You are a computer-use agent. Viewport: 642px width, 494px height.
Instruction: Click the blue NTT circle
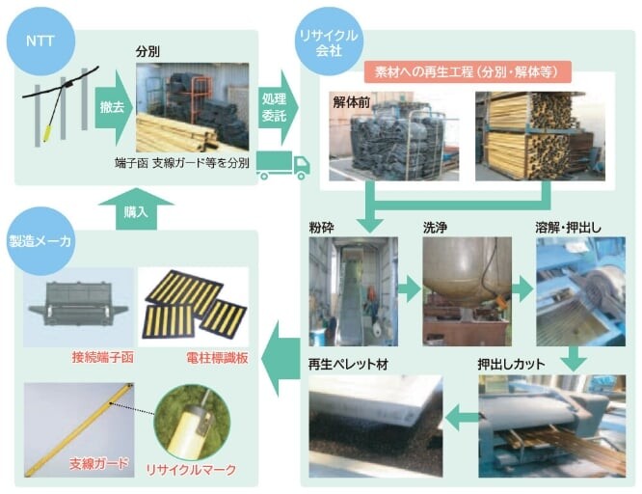pyautogui.click(x=40, y=41)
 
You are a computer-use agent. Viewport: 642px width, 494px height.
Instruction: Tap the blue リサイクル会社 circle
pyautogui.click(x=329, y=41)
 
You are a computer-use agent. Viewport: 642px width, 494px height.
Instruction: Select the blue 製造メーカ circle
pyautogui.click(x=40, y=241)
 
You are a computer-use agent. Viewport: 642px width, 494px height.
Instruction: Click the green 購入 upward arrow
pyautogui.click(x=136, y=208)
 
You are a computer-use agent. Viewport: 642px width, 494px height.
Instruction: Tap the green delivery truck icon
pyautogui.click(x=283, y=165)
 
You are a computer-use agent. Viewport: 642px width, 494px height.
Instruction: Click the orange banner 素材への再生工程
pyautogui.click(x=468, y=72)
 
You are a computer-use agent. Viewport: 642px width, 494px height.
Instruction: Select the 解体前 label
pyautogui.click(x=352, y=102)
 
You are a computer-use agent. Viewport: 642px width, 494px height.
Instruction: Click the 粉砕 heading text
pyautogui.click(x=321, y=228)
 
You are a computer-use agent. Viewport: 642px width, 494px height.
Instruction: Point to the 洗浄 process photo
pyautogui.click(x=468, y=291)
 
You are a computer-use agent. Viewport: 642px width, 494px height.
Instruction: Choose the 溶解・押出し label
pyautogui.click(x=569, y=228)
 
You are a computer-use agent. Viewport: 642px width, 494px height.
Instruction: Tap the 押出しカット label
pyautogui.click(x=512, y=364)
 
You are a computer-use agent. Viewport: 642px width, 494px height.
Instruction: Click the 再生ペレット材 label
pyautogui.click(x=348, y=364)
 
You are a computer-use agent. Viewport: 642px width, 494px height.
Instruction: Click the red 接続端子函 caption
pyautogui.click(x=103, y=358)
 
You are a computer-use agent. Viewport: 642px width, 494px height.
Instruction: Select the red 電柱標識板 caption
pyautogui.click(x=218, y=358)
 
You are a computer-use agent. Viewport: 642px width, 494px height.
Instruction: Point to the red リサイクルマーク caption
pyautogui.click(x=191, y=470)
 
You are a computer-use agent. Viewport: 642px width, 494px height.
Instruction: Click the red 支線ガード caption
pyautogui.click(x=99, y=464)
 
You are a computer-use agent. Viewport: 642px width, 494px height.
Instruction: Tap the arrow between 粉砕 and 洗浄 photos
pyautogui.click(x=409, y=289)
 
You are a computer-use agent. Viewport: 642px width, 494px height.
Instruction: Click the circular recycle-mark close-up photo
pyautogui.click(x=192, y=423)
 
